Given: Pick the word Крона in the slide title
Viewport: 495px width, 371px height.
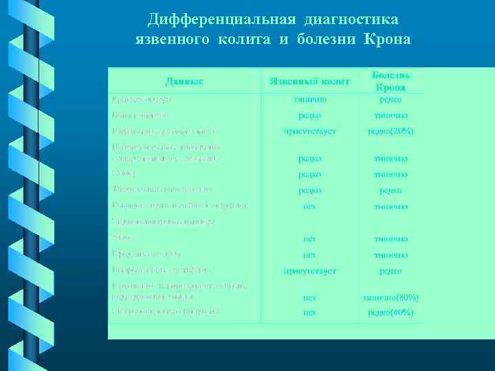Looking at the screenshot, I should [386, 39].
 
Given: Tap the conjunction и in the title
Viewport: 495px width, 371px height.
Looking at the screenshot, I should [283, 39].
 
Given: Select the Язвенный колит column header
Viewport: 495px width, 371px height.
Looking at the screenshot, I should [309, 82].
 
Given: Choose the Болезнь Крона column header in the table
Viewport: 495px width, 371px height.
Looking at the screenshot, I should [390, 81].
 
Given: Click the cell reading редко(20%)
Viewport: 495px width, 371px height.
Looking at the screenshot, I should [390, 131].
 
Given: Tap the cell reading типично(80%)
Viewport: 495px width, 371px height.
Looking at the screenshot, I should [390, 297].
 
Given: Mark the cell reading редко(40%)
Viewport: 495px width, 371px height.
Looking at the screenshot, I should [390, 312].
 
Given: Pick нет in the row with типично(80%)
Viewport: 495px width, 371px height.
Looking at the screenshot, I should [309, 297].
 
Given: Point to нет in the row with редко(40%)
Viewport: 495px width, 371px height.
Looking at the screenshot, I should [309, 312].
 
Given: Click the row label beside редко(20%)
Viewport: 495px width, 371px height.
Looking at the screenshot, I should [165, 131].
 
